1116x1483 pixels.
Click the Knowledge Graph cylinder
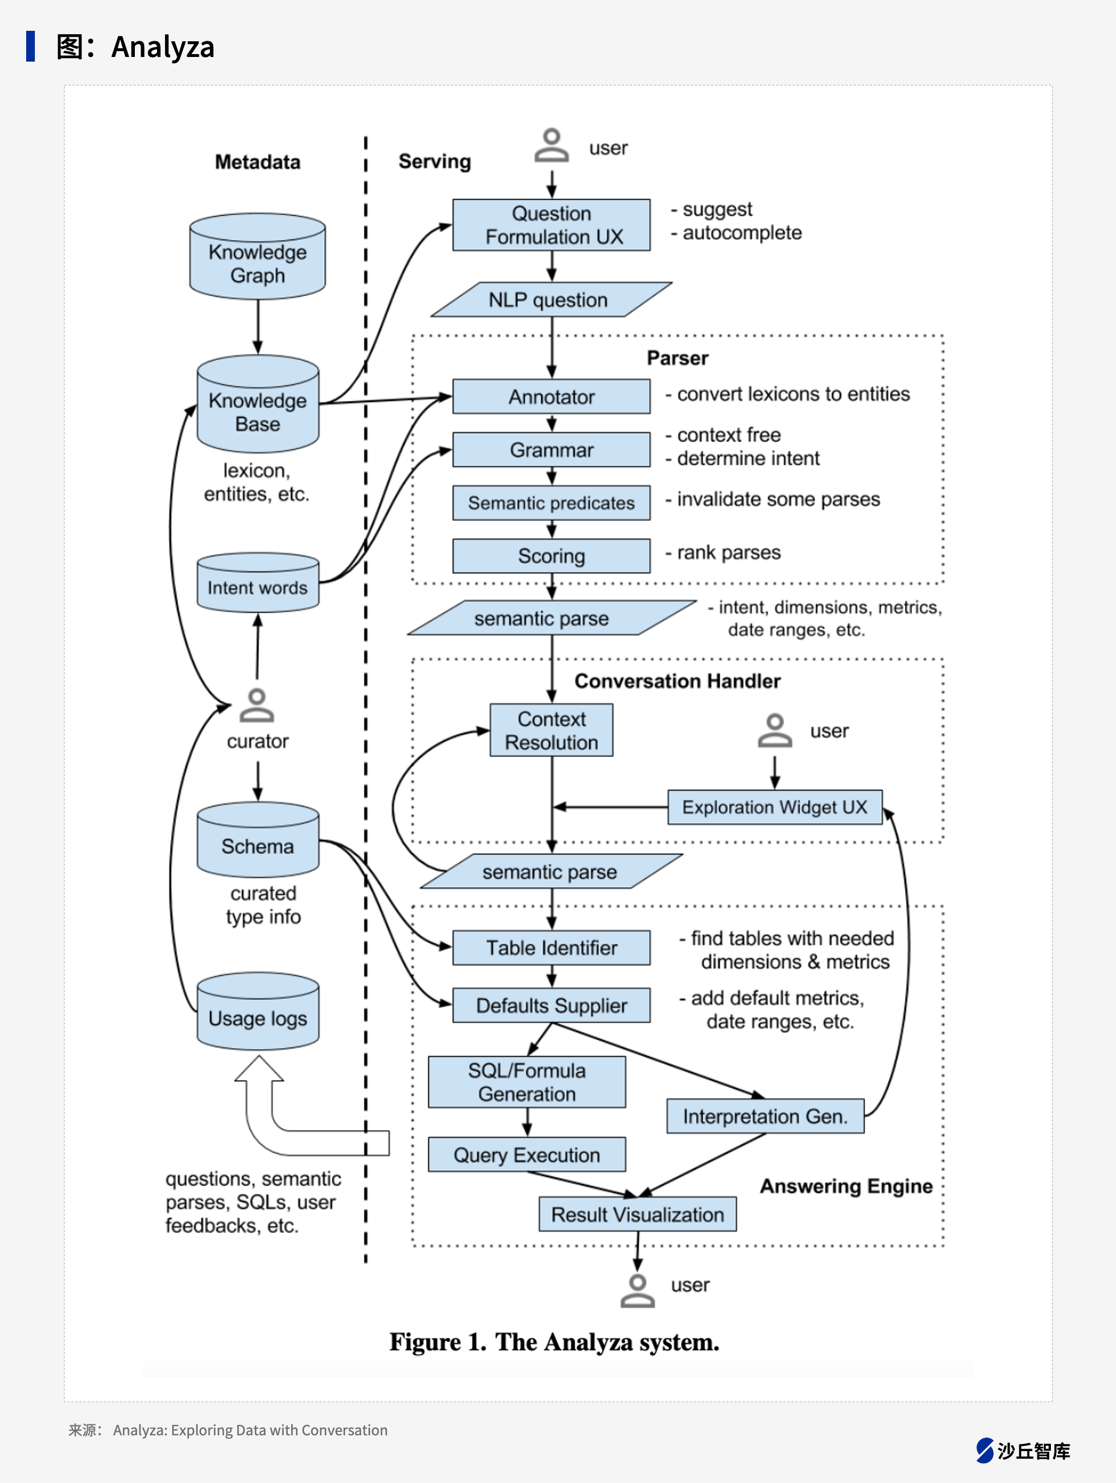point(257,257)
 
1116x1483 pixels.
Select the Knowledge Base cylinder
point(257,404)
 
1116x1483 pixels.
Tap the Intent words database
point(257,583)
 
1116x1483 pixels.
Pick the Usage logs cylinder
point(257,1012)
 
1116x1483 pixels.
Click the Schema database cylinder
point(257,840)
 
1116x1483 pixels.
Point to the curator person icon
point(257,705)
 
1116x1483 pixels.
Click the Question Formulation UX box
point(551,225)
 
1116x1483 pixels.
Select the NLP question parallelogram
point(551,300)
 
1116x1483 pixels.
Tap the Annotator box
point(551,397)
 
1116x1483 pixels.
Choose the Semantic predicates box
point(551,503)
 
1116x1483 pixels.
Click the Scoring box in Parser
point(551,556)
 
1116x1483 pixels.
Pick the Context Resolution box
point(551,730)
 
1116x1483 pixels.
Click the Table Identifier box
point(551,948)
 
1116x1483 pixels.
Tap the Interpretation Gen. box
point(766,1116)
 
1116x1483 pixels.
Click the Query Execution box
point(527,1155)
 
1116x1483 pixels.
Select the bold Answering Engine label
point(846,1186)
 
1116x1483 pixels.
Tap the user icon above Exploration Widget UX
point(775,730)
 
